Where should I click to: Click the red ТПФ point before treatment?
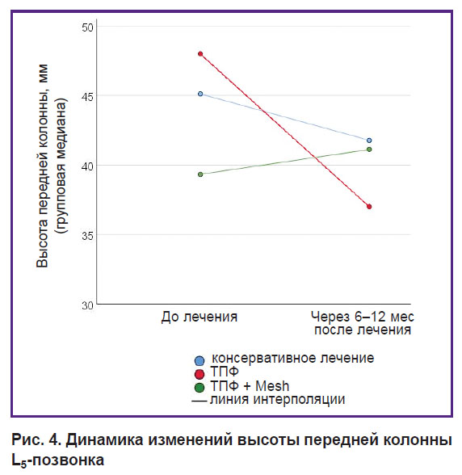pos(200,54)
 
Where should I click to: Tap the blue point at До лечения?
pos(200,94)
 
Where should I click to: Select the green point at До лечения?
pos(200,174)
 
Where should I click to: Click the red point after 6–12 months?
pos(369,207)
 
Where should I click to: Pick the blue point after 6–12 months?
pos(369,141)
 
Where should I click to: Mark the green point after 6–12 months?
pos(369,149)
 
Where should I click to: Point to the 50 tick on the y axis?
pos(87,27)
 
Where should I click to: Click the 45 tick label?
pos(87,97)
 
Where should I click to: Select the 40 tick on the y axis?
pos(87,166)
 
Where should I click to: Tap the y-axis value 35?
pos(87,236)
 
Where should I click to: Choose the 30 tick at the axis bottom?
pos(87,305)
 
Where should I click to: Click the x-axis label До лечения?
pos(199,317)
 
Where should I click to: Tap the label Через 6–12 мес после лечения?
pos(363,323)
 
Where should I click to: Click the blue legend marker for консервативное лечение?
pos(199,360)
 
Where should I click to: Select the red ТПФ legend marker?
pos(199,374)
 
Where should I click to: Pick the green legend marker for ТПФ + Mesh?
pos(199,388)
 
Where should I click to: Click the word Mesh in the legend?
pos(272,386)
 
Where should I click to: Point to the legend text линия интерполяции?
pos(278,400)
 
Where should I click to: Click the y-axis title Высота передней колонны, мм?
pos(43,166)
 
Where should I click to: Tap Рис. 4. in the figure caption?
pos(37,439)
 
